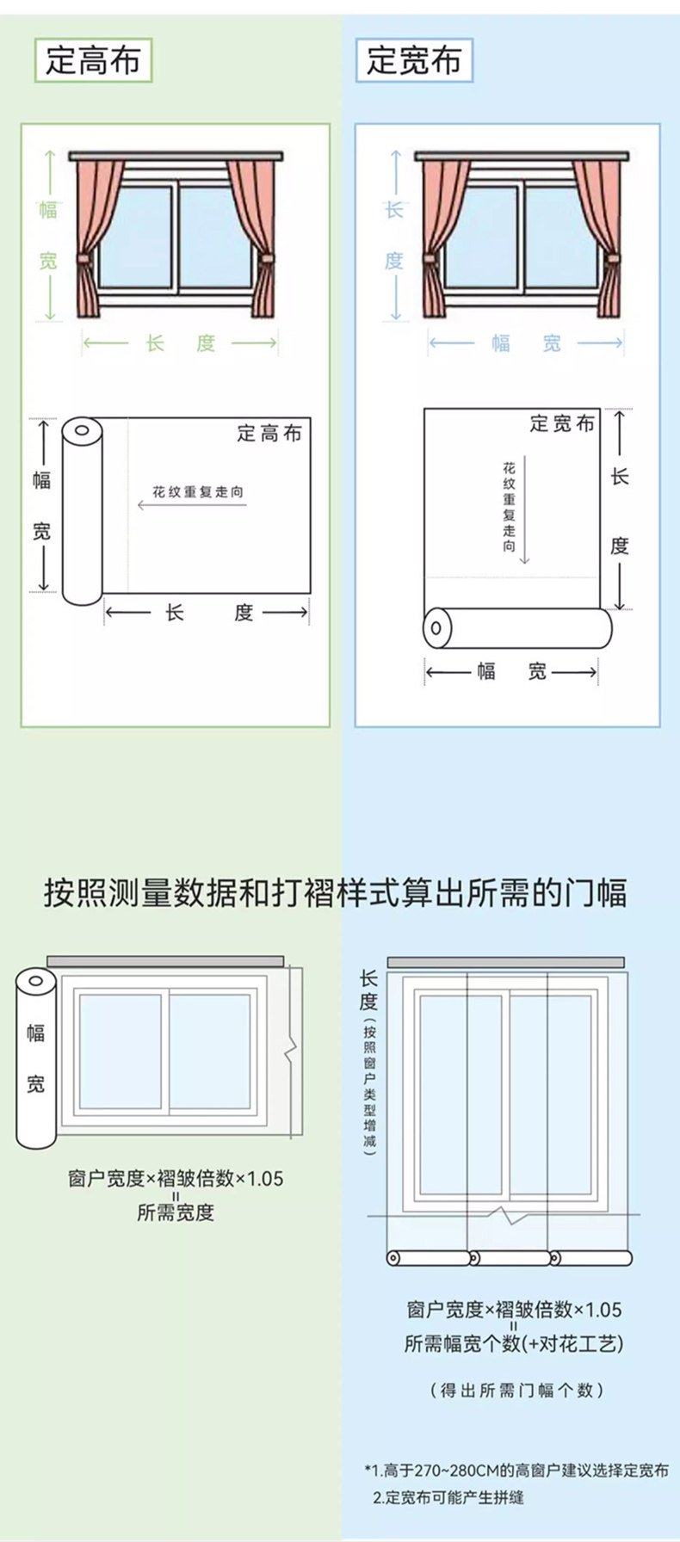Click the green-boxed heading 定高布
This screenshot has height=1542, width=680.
93,60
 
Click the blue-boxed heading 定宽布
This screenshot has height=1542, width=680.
414,60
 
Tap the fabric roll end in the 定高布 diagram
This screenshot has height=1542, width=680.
82,430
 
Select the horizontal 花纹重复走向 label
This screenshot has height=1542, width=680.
198,491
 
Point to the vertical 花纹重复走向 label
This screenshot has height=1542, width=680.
510,508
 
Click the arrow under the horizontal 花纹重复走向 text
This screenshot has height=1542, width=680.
192,505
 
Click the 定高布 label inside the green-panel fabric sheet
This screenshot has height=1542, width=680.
269,434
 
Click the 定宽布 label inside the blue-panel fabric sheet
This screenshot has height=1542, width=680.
562,423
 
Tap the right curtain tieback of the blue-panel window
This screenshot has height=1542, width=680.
609,258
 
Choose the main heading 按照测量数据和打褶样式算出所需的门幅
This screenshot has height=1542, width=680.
336,892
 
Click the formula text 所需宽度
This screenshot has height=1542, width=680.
176,1212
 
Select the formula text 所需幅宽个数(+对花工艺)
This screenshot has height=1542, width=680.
514,1343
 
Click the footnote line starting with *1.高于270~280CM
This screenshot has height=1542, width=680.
516,1470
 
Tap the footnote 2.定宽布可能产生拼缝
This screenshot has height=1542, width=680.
448,1497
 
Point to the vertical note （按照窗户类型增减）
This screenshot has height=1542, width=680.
369,1089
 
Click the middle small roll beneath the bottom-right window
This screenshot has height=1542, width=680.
510,1258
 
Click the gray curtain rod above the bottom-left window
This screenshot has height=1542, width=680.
165,961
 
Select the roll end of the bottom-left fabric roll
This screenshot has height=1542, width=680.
36,982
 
